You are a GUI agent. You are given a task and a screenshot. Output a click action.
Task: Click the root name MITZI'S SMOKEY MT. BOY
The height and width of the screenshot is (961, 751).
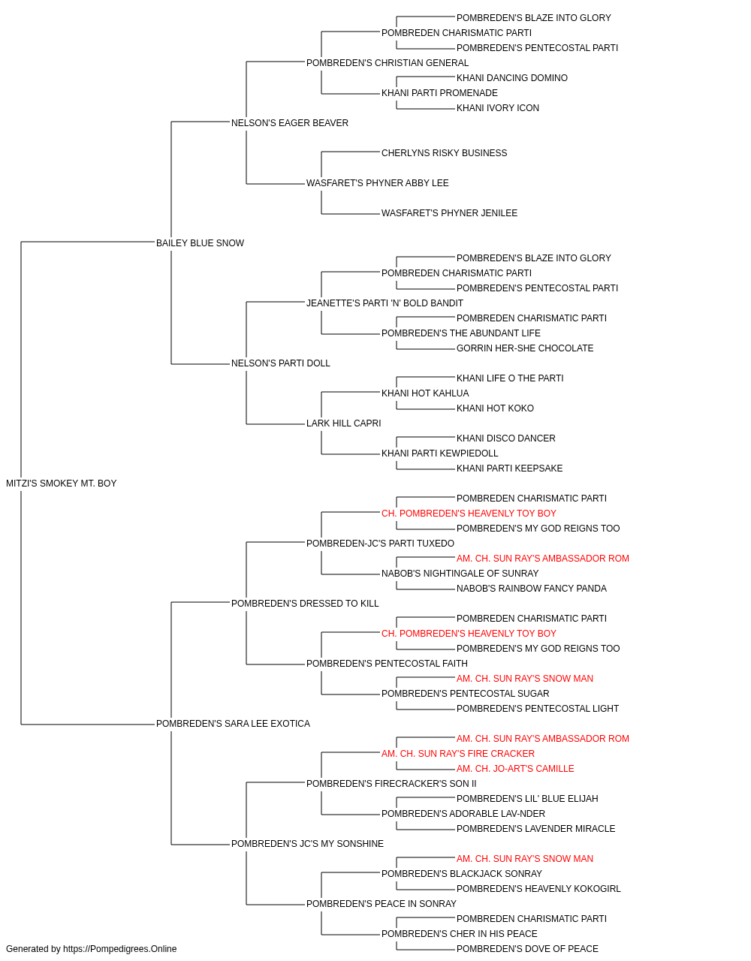click(61, 484)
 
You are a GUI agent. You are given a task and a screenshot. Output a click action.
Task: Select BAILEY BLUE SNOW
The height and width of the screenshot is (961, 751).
click(200, 243)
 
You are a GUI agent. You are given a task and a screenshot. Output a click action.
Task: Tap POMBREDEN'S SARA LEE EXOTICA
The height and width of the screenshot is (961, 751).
click(233, 724)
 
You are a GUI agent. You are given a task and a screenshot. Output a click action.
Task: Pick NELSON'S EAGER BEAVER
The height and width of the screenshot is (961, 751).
click(290, 123)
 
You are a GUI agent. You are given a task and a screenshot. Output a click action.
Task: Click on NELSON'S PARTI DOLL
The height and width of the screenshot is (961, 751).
click(280, 363)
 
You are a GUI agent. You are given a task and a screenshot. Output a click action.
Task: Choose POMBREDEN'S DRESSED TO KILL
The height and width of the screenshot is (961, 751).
click(305, 604)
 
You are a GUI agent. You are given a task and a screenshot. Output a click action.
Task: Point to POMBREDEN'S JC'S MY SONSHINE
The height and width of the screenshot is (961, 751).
click(307, 844)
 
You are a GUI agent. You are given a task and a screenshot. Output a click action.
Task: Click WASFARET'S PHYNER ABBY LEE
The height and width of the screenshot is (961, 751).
click(377, 183)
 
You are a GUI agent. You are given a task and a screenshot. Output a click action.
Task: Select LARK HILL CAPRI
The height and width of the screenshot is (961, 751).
click(344, 423)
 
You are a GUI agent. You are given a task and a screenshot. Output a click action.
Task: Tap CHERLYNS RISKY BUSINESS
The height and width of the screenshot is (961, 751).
click(444, 153)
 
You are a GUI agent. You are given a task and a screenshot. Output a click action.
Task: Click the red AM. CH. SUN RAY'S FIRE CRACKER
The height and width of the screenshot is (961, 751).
click(458, 754)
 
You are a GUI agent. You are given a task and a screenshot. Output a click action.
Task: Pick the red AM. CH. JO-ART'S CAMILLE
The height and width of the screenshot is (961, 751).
click(515, 769)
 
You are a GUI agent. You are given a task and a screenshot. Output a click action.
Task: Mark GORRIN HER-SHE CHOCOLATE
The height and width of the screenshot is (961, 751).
click(525, 348)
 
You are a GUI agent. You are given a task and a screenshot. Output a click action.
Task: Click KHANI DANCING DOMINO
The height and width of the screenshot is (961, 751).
click(512, 78)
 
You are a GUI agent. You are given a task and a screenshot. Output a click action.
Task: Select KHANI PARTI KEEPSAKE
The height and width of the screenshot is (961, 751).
click(509, 468)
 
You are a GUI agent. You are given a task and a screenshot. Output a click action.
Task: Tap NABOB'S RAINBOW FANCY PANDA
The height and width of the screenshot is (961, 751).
click(532, 589)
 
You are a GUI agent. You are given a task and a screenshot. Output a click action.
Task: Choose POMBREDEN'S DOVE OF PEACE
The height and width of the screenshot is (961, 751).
click(527, 949)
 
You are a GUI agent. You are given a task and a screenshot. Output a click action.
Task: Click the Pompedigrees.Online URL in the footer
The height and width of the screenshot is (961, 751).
click(120, 949)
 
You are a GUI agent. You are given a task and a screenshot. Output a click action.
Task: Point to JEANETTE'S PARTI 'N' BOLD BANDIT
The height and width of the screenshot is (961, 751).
click(385, 303)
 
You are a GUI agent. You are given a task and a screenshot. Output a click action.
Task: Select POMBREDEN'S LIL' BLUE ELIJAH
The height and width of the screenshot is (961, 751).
click(527, 799)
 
